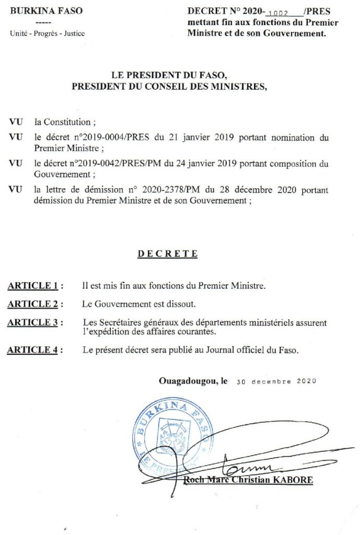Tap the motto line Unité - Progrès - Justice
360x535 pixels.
click(x=48, y=33)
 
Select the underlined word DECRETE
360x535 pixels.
click(x=168, y=254)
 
